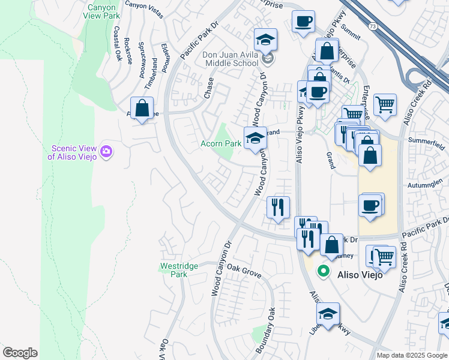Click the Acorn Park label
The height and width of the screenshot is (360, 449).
pyautogui.click(x=220, y=144)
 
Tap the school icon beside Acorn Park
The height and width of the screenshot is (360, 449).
pyautogui.click(x=255, y=138)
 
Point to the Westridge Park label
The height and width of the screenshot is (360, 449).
pyautogui.click(x=174, y=270)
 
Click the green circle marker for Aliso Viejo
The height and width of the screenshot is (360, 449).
pyautogui.click(x=324, y=271)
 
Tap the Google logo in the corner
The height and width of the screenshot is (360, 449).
pyautogui.click(x=19, y=353)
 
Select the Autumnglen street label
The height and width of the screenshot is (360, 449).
pyautogui.click(x=428, y=186)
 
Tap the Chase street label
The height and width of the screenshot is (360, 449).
pyautogui.click(x=208, y=88)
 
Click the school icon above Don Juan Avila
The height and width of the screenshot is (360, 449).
pyautogui.click(x=265, y=40)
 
